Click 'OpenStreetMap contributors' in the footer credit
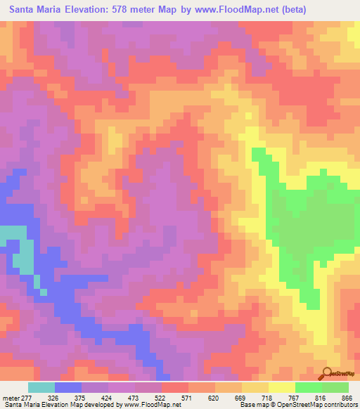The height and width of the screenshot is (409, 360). (319, 405)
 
